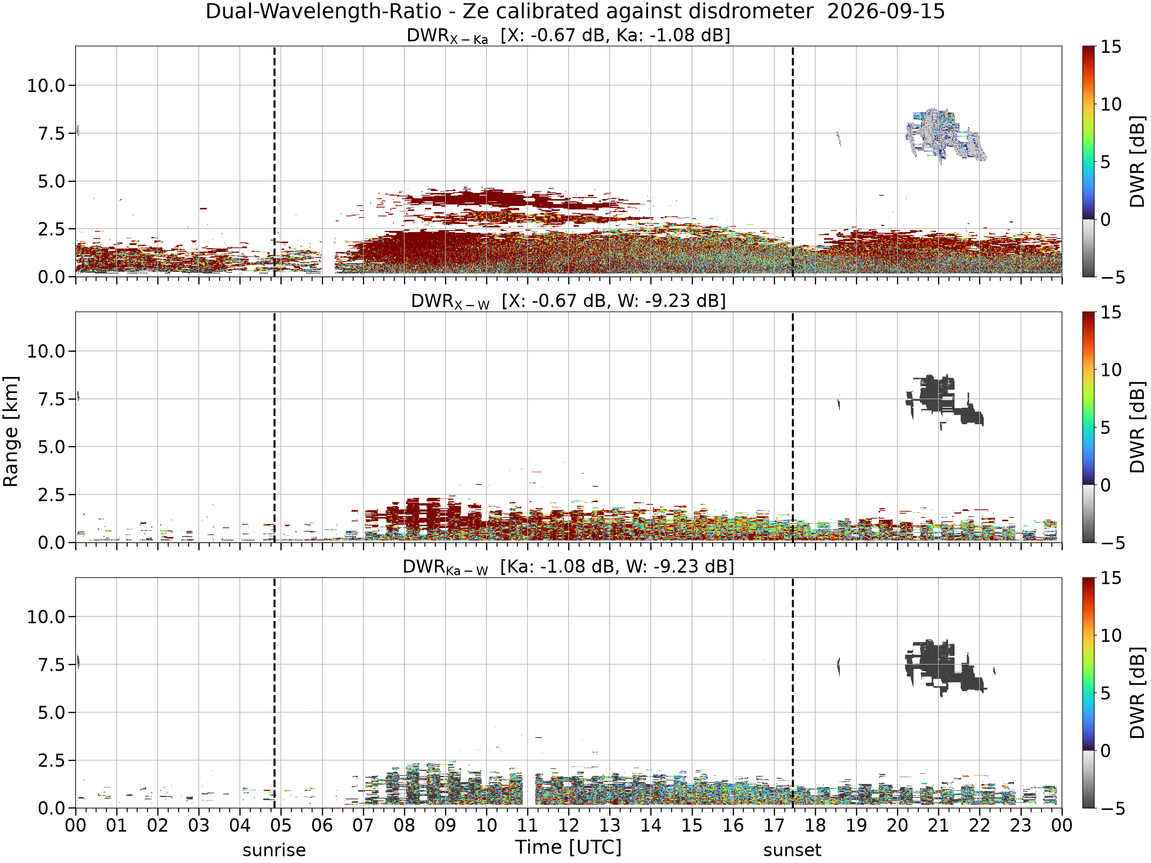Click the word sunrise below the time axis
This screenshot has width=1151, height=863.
pyautogui.click(x=274, y=850)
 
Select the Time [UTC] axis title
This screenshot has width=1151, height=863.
pyautogui.click(x=568, y=847)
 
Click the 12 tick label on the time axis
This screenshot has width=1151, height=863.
pyautogui.click(x=568, y=825)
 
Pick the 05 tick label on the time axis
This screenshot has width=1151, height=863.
pyautogui.click(x=280, y=825)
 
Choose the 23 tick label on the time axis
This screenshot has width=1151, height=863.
pyautogui.click(x=1021, y=825)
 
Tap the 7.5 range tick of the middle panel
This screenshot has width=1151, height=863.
pyautogui.click(x=51, y=400)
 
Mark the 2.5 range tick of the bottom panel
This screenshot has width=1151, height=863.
pyautogui.click(x=51, y=761)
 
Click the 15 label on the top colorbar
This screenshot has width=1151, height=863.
pyautogui.click(x=1110, y=47)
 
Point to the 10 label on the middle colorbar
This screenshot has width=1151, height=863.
pyautogui.click(x=1110, y=370)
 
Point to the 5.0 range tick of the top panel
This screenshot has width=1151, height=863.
pyautogui.click(x=51, y=181)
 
